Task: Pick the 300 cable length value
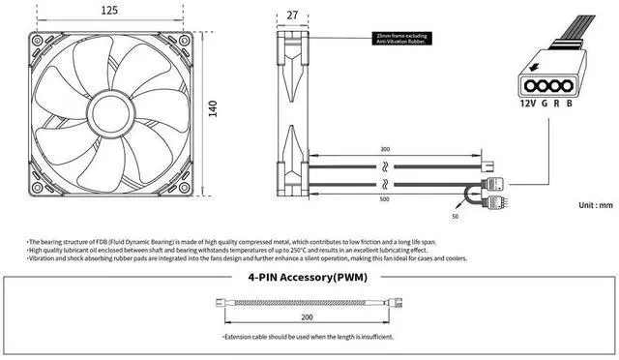(385, 150)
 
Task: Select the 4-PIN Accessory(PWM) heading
(308, 278)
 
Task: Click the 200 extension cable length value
(307, 316)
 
